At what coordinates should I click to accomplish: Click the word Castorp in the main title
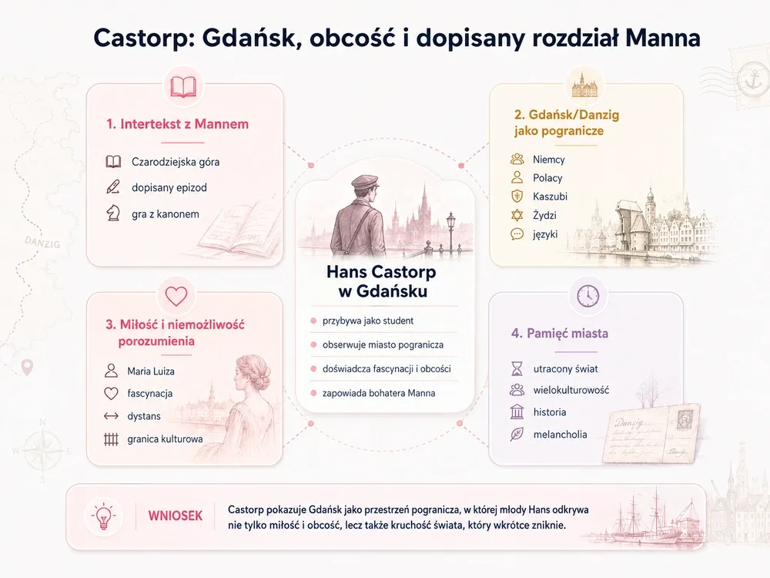(x=142, y=39)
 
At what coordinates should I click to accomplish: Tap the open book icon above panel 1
(x=183, y=88)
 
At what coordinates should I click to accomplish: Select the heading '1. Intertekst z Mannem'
(x=177, y=124)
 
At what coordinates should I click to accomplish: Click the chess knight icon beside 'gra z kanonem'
(x=113, y=213)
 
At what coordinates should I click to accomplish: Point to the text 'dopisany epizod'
(x=169, y=188)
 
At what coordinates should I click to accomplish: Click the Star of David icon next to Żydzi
(x=517, y=215)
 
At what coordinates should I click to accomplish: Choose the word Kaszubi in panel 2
(x=550, y=197)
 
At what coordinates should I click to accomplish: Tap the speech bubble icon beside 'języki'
(x=517, y=234)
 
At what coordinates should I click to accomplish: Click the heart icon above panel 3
(x=176, y=296)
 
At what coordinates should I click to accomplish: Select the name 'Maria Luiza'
(x=151, y=371)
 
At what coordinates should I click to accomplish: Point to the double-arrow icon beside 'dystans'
(x=112, y=416)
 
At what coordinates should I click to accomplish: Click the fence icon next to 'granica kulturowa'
(x=112, y=439)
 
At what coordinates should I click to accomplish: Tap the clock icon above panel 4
(x=588, y=296)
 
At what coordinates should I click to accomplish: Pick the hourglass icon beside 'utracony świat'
(x=517, y=368)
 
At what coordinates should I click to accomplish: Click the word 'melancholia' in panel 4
(x=560, y=435)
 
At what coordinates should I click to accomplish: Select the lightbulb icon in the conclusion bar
(x=104, y=516)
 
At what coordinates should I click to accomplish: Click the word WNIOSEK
(x=176, y=516)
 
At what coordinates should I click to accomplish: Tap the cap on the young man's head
(x=364, y=182)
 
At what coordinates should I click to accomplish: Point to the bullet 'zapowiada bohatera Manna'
(x=379, y=393)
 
